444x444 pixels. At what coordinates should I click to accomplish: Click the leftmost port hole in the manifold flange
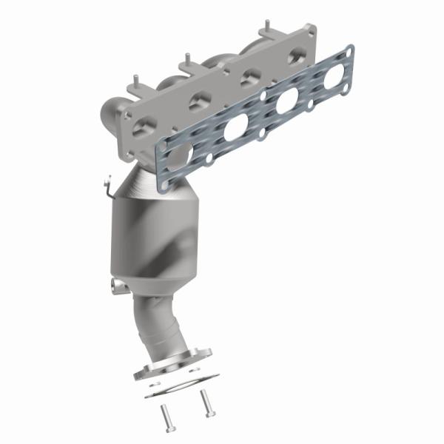point(149,125)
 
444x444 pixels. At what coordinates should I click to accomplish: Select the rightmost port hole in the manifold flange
point(297,56)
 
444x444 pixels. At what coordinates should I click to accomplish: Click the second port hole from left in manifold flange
point(198,103)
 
